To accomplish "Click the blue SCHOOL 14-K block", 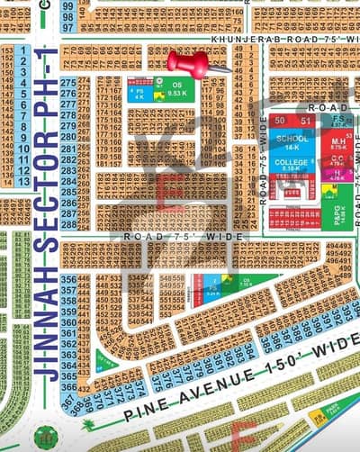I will [x=292, y=141].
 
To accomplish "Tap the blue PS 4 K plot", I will [x=139, y=92].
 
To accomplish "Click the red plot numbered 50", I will [x=282, y=121].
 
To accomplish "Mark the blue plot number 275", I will [x=67, y=83].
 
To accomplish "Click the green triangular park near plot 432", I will [x=106, y=363].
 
